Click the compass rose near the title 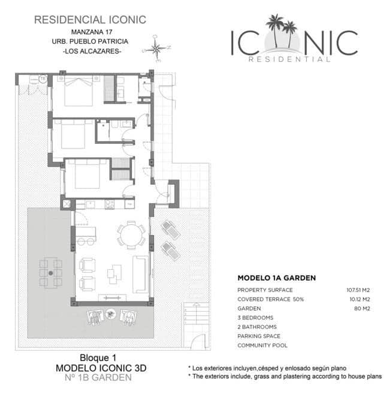pos(156,49)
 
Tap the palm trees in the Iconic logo pos(281,31)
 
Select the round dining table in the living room pos(131,235)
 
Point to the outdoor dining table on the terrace pos(50,273)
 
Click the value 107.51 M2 pos(358,290)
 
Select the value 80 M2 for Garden pos(362,309)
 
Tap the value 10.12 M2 pos(359,299)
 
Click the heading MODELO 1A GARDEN pos(276,278)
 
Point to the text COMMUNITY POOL pos(262,345)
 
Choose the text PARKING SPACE pos(259,336)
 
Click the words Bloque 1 pos(98,358)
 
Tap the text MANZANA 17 pos(92,32)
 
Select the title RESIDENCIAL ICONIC pos(90,20)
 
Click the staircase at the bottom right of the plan pos(196,314)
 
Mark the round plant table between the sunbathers pos(110,314)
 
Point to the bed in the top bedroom pos(78,91)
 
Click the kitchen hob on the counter pos(110,204)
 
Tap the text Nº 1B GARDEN pos(98,377)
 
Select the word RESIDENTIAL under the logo pos(289,59)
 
